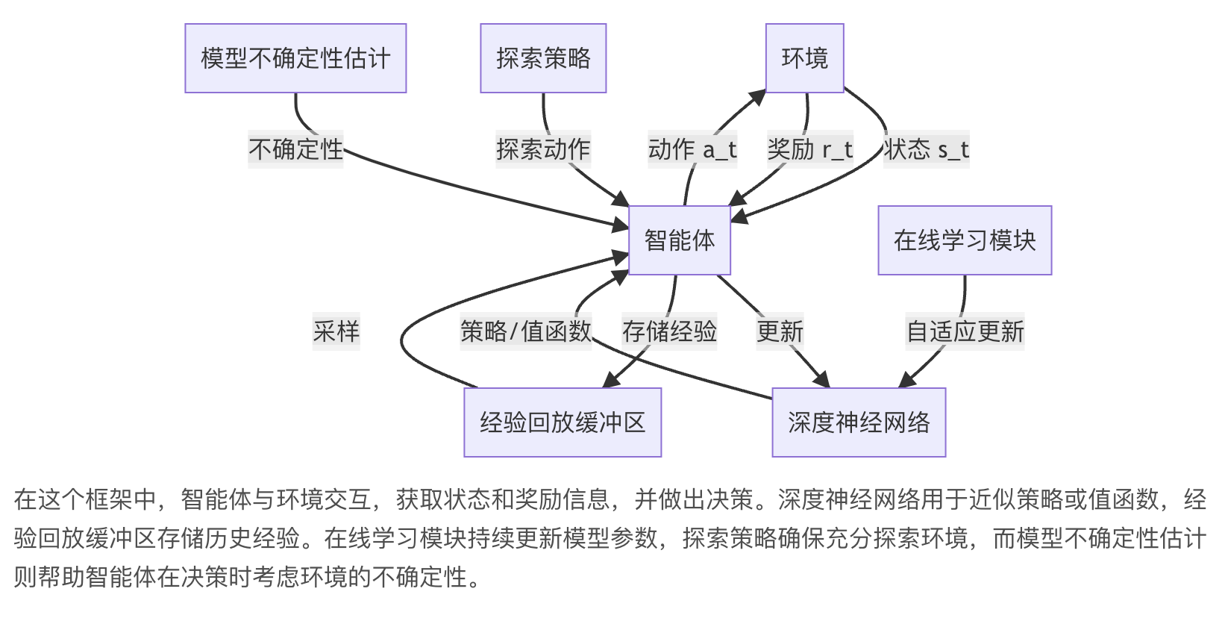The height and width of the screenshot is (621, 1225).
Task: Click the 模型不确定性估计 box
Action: point(295,58)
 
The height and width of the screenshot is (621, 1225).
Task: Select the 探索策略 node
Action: point(543,58)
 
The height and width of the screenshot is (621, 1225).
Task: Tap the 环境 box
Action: point(804,58)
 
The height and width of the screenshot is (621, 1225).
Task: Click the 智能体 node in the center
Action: point(679,240)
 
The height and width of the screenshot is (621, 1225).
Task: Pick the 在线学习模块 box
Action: point(964,240)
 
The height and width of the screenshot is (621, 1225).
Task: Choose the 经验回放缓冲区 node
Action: point(563,422)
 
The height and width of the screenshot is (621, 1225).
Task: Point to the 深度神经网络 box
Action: point(859,422)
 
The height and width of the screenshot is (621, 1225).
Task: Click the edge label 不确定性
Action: point(295,149)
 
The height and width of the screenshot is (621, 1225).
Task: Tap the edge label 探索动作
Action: point(543,149)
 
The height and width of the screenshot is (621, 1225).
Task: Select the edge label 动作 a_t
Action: point(692,149)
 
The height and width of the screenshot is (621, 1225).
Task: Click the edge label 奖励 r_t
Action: point(810,149)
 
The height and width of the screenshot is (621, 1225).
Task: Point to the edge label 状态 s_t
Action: point(926,149)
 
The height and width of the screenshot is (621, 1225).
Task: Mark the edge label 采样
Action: point(336,331)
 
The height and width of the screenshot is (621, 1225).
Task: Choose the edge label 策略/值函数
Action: point(526,331)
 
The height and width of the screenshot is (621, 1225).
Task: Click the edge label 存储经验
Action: point(669,331)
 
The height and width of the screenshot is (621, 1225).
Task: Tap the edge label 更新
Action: point(780,331)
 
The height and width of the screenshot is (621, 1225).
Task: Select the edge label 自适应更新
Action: point(965,331)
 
